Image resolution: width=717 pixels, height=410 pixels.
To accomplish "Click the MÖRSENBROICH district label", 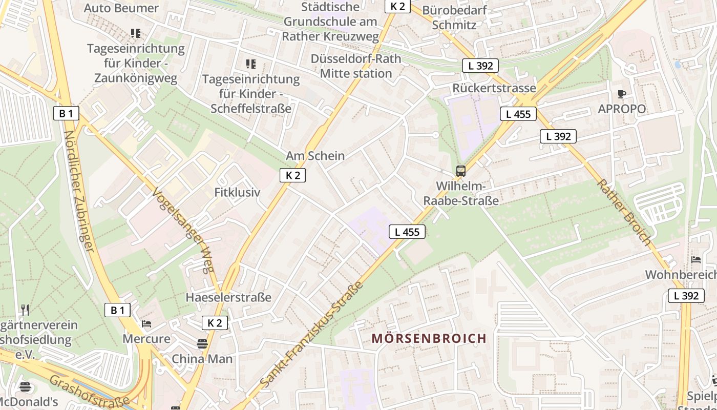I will [x=429, y=338].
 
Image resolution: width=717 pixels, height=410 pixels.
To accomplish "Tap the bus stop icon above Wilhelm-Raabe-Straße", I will [x=460, y=171].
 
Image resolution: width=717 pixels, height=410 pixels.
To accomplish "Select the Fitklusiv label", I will [x=237, y=193].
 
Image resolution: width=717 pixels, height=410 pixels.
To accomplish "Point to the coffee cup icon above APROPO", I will [x=622, y=94].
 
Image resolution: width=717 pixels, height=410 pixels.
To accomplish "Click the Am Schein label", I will [x=315, y=156].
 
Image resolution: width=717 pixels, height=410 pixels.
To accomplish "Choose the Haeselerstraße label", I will [x=228, y=297].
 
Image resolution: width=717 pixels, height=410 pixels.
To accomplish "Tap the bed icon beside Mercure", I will [x=146, y=324].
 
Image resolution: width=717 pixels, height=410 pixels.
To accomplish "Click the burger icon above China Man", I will [x=202, y=343].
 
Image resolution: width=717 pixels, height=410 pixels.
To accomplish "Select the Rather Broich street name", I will [x=624, y=212].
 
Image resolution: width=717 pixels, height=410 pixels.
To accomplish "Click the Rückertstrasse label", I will [x=494, y=88].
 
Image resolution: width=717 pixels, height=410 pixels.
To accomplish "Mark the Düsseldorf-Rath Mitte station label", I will [x=356, y=66].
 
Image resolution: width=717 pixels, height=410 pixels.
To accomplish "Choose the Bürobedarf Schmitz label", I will [x=454, y=17].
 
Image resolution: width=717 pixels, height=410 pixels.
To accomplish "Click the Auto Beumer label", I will [x=121, y=8].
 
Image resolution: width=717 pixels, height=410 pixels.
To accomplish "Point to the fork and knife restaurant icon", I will [x=25, y=310].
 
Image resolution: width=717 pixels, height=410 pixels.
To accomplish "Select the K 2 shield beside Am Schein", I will [x=292, y=175].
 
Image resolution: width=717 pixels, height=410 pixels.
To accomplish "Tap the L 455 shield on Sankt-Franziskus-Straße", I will [x=407, y=232].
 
